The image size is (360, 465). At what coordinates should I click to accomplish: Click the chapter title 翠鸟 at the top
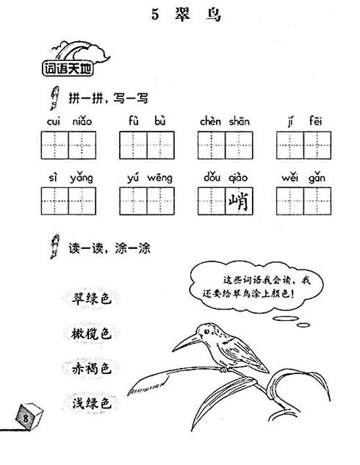pos(198,14)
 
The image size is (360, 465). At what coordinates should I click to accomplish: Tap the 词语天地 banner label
pos(68,68)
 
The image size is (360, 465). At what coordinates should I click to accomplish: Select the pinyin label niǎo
pos(82,121)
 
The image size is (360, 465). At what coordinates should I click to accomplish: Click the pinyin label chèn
pos(210,121)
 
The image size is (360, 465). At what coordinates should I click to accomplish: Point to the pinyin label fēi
pos(315,120)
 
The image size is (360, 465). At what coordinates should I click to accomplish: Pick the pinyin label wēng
pos(160,178)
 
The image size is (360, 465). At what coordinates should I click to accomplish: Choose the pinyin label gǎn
pos(317,179)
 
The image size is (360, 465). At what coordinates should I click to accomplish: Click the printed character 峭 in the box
pos(239,201)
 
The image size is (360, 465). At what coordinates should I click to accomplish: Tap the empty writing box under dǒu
pos(212,201)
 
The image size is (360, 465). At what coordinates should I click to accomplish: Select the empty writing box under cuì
pos(55,145)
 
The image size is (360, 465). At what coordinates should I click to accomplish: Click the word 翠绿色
pos(91,298)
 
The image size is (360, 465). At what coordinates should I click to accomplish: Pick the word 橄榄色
pos(91,334)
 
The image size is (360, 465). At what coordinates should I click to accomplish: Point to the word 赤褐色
pos(91,369)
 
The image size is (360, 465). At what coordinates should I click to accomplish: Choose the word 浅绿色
pos(91,403)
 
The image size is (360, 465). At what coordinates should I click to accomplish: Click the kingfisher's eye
pos(206,331)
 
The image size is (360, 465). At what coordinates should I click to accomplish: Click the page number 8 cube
pos(29,417)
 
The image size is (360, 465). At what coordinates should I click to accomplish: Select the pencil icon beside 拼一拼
pos(54,98)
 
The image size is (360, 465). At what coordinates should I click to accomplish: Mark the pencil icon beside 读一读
pos(54,246)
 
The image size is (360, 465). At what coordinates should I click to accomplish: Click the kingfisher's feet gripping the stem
pos(225,370)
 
